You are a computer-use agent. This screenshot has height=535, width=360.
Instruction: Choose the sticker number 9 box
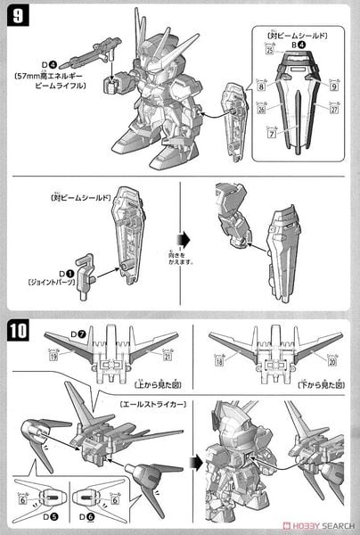(x=337, y=87)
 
